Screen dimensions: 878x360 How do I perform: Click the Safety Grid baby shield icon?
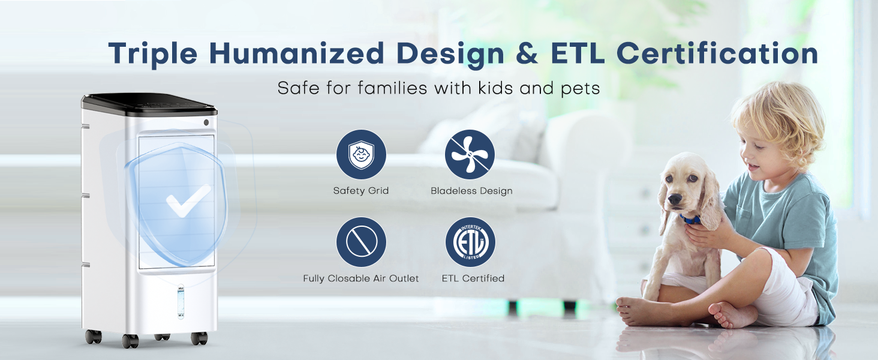(361, 155)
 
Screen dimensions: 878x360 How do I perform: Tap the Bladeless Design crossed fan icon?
(470, 155)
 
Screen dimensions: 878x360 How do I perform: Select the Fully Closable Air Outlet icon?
(361, 242)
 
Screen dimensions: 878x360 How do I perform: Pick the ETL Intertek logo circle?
(470, 242)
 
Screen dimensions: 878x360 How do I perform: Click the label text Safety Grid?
(360, 191)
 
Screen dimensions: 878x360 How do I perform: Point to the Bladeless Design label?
(471, 191)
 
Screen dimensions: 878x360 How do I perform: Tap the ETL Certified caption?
(473, 278)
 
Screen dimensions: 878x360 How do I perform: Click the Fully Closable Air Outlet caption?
(361, 278)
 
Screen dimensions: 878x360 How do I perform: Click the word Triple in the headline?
(153, 54)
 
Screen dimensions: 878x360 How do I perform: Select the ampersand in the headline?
(528, 53)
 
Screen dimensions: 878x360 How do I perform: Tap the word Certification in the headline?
(717, 53)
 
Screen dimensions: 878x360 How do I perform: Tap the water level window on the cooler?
(181, 302)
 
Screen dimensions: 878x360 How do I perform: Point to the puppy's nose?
(675, 200)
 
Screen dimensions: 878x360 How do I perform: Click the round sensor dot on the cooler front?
(206, 122)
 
